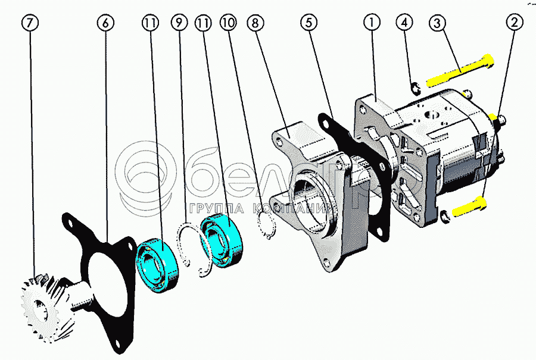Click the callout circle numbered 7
coord(31,23)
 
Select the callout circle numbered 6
coord(105,23)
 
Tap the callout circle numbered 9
coord(178,23)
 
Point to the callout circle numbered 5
coord(308,23)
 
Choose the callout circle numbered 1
coord(372,23)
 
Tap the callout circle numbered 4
coord(405,23)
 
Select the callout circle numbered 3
coord(437,23)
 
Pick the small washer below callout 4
coord(416,89)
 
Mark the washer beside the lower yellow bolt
coord(445,215)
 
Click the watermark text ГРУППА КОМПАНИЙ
coord(262,209)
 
